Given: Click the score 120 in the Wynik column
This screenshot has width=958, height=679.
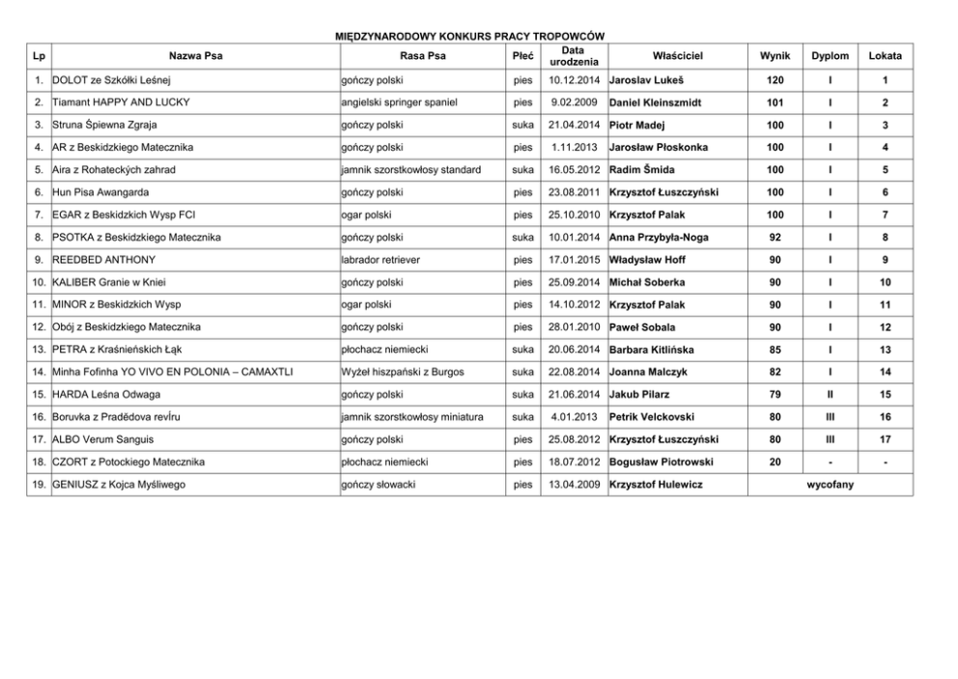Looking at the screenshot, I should coord(775,79).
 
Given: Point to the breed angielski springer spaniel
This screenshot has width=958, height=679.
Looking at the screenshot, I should coord(399,101).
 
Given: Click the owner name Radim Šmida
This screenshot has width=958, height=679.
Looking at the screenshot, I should coord(642,170).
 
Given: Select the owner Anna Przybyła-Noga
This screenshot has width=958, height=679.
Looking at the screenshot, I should coord(659,237).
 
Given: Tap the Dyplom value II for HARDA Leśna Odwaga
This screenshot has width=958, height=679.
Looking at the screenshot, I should coord(830,394).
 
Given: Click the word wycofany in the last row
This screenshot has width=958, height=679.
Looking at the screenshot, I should coord(830,484).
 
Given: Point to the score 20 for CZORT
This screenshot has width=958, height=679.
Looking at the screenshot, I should coord(775,462).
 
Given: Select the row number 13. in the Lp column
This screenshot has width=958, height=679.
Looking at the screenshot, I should coord(39,350).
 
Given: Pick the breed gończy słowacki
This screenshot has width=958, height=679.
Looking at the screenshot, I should coord(378,484).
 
